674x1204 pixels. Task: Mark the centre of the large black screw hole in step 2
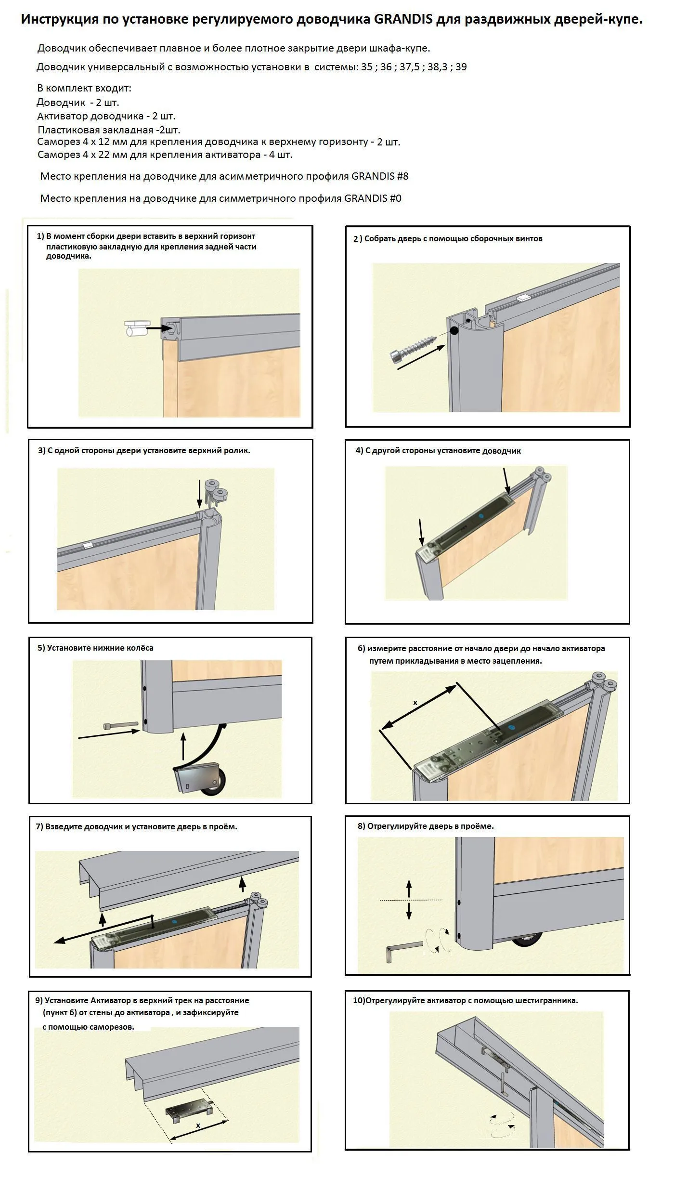(x=454, y=330)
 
